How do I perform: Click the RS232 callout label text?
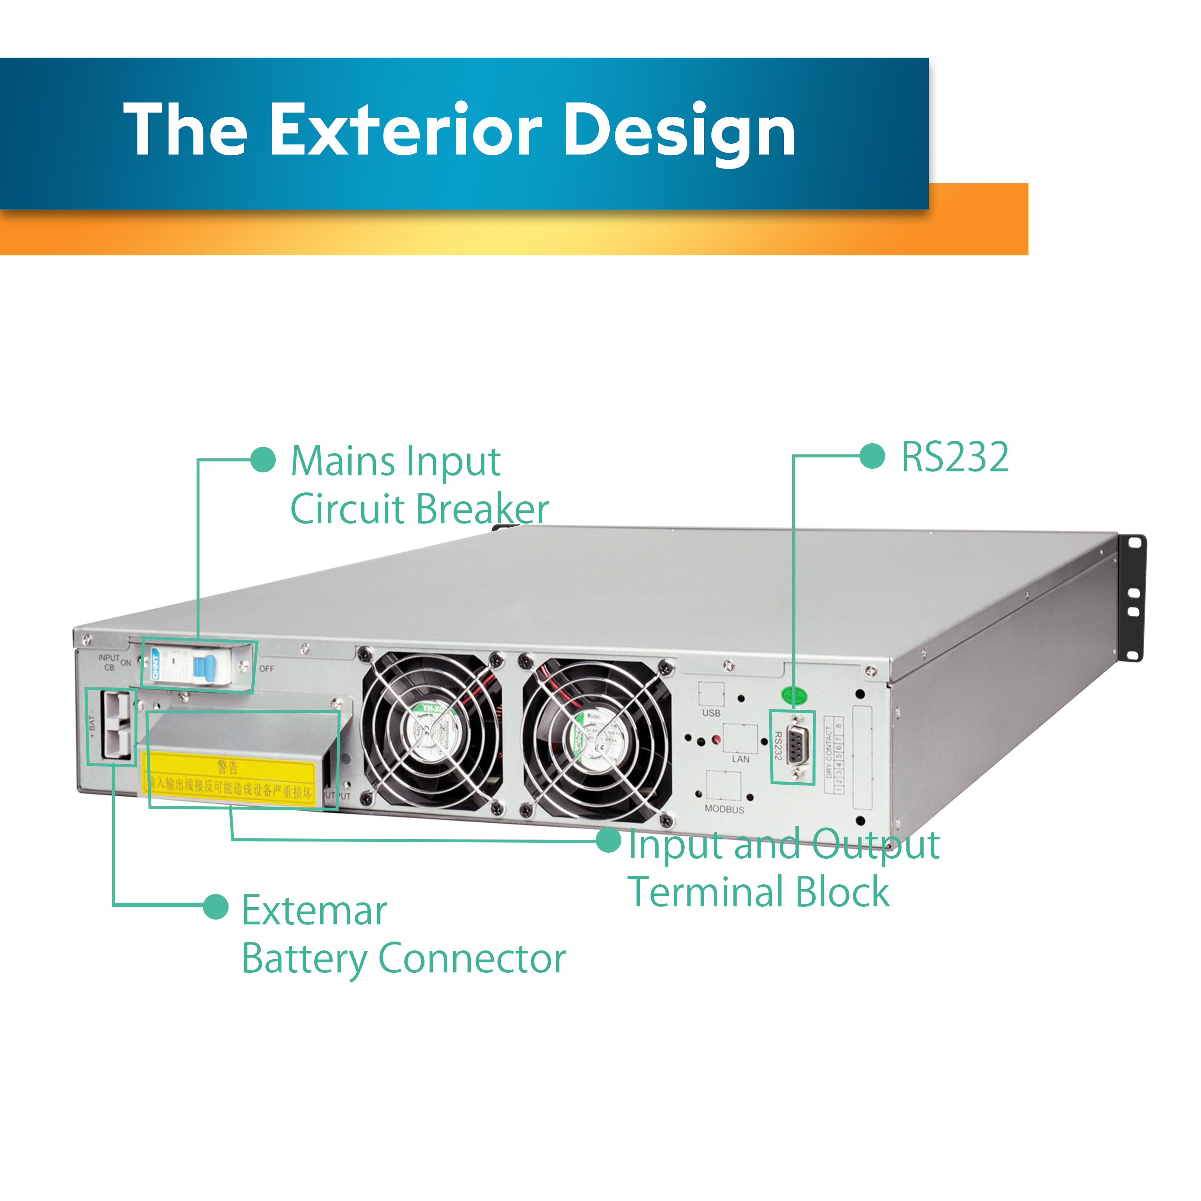coord(955,458)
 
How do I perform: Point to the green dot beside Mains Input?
coord(263,460)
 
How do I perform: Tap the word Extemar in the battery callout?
coord(314,911)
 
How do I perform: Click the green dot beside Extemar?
coord(216,906)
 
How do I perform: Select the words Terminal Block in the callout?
coord(758,892)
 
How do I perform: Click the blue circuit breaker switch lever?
coord(204,667)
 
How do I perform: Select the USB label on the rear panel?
coord(711,713)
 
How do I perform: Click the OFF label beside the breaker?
coord(267,669)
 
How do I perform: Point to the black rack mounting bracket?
coord(1133,597)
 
